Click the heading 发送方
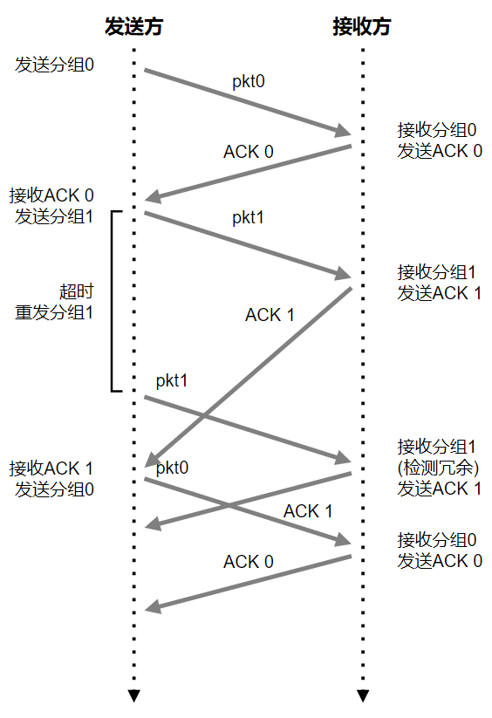(x=133, y=26)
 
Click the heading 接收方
(x=362, y=26)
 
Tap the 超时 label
(x=77, y=291)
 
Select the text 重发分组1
(x=54, y=312)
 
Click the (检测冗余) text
(x=438, y=468)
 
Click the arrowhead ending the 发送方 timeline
(x=133, y=695)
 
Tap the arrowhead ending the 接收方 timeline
(x=363, y=695)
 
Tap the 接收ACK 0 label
(x=51, y=195)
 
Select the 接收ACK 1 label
(x=51, y=468)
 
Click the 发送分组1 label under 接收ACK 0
(x=54, y=216)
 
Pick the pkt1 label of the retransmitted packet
(x=172, y=380)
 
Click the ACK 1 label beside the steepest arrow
(x=270, y=315)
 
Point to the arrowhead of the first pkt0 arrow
(x=342, y=131)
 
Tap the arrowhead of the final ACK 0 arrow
(x=153, y=606)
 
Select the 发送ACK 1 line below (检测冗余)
(x=440, y=489)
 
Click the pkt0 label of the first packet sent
(x=249, y=81)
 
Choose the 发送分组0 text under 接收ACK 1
(x=54, y=489)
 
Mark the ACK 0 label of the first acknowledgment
(x=249, y=152)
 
